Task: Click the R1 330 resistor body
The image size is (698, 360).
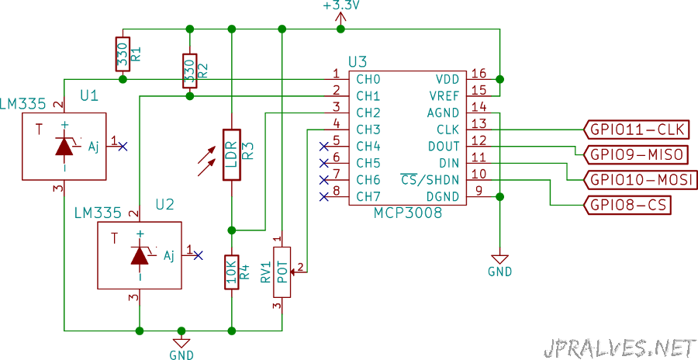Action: point(123,54)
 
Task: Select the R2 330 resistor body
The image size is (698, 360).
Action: point(190,71)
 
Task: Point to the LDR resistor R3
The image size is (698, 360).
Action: point(231,155)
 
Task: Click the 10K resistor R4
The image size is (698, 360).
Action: point(231,272)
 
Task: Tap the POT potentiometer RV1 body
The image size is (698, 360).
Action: point(282,272)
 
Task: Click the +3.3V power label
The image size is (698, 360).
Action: point(340,5)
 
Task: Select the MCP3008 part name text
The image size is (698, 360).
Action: point(408,213)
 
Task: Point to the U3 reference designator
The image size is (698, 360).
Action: point(358,62)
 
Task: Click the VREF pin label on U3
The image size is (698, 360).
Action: point(444,95)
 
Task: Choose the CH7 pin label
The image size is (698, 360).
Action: point(368,196)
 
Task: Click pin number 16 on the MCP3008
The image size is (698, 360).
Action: point(479,73)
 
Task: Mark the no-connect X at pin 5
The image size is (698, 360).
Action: point(324,146)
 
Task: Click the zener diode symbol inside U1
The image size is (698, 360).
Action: point(65,146)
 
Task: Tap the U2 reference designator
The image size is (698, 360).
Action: point(164,205)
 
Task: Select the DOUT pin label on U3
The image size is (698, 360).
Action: point(444,146)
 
